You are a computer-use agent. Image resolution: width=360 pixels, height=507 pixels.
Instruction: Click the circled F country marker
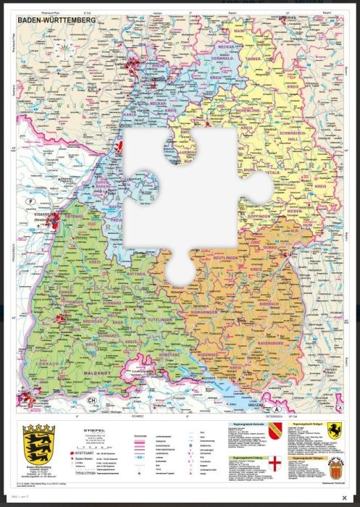(x=30, y=201)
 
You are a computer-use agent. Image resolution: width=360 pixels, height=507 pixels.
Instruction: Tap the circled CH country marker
(x=92, y=401)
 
